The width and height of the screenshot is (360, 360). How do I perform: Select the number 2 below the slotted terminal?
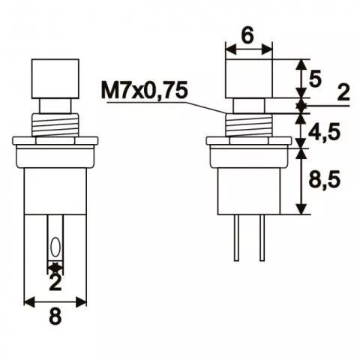pos(55,283)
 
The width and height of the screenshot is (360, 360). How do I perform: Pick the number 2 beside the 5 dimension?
pos(343,93)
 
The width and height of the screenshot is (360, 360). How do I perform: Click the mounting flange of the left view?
pos(55,140)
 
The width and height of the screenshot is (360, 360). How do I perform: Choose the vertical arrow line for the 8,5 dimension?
pos(302,180)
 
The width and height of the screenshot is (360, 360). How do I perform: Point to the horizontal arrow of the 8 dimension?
pos(55,301)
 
